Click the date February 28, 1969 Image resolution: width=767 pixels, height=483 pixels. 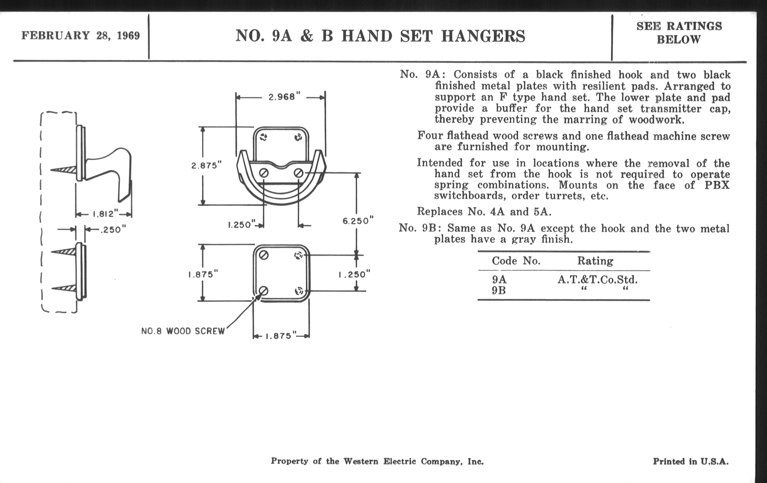[x=81, y=35]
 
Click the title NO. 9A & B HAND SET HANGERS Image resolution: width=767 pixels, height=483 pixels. [x=380, y=36]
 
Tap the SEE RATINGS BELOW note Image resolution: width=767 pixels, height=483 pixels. [x=679, y=33]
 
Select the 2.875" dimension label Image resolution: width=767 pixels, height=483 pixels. [x=206, y=165]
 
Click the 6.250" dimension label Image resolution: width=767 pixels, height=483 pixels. [x=358, y=221]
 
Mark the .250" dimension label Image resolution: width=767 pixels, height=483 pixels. [x=113, y=230]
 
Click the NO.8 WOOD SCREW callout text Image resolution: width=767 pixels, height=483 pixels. [x=183, y=331]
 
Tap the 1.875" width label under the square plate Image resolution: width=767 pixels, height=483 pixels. [x=281, y=336]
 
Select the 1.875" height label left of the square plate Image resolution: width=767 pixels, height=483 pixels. [x=203, y=275]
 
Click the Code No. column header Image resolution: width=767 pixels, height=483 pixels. [x=516, y=261]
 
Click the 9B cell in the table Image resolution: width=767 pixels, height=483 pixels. [x=499, y=291]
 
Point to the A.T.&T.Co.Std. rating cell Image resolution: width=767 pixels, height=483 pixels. [x=598, y=280]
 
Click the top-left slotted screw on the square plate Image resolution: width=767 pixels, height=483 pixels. [x=264, y=255]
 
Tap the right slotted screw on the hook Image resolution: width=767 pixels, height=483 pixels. [x=298, y=173]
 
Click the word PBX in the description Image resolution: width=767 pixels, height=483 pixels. [x=717, y=185]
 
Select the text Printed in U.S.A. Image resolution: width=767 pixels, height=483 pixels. [x=691, y=461]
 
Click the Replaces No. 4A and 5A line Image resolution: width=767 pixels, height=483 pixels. [x=484, y=212]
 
